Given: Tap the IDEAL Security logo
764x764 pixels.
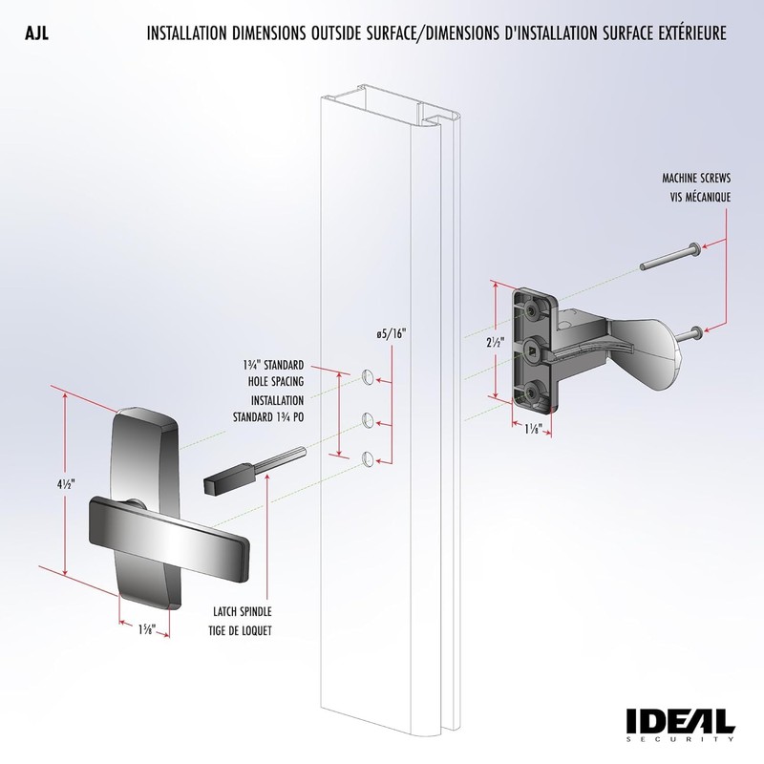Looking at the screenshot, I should (679, 723).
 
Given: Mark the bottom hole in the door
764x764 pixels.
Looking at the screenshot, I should (368, 459).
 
